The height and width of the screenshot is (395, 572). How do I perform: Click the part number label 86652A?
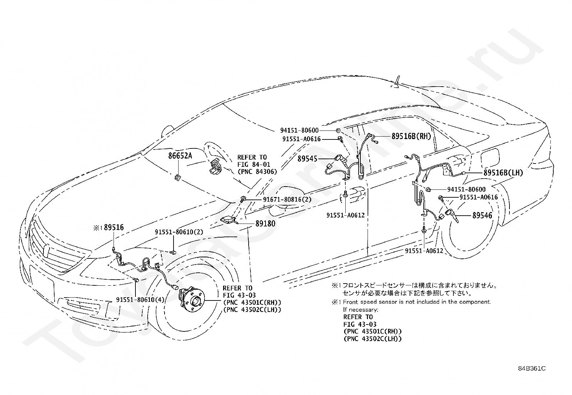(180, 156)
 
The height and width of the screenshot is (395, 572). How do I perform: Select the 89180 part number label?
(265, 224)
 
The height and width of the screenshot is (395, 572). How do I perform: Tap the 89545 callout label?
(308, 159)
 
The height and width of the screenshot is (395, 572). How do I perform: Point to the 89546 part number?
(482, 215)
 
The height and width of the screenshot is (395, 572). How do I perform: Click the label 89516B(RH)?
(411, 136)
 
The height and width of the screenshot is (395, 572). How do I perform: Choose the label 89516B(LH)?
(503, 173)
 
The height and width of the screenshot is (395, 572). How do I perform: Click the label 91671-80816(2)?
(287, 199)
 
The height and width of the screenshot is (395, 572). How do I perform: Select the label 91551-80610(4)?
(140, 299)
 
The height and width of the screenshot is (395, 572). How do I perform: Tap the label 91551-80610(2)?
(179, 232)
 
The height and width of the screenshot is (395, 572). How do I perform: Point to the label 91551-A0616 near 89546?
(479, 197)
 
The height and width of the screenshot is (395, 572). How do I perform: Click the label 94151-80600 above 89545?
(299, 130)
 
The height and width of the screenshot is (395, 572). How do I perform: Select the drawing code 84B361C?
(532, 376)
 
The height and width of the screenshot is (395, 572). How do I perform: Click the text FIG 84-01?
(254, 164)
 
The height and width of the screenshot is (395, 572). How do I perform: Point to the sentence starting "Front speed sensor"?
(417, 302)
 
